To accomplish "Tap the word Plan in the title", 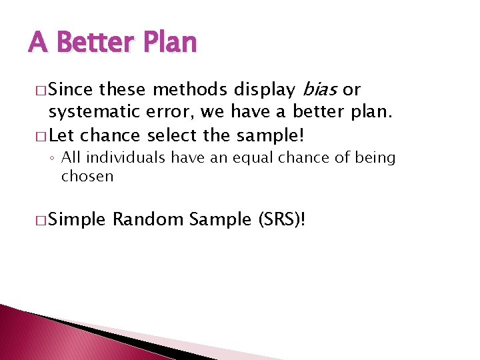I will [x=169, y=43].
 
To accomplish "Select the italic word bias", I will [x=321, y=89].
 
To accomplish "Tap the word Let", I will [x=62, y=136].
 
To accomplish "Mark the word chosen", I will [x=87, y=176].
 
